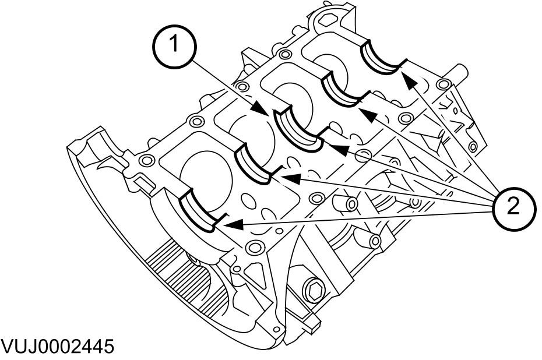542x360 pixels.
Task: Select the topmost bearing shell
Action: (x=382, y=58)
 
